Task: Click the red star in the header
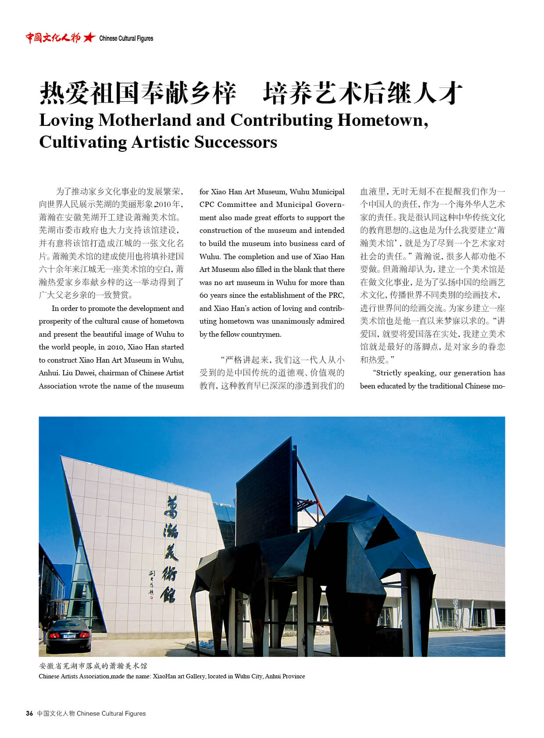(89, 38)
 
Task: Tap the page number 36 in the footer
(29, 713)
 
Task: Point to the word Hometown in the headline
(381, 120)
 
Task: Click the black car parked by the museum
(68, 635)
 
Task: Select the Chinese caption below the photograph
(93, 666)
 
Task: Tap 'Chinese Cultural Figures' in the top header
(126, 39)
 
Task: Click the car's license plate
(69, 635)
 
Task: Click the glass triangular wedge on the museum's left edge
(83, 579)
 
